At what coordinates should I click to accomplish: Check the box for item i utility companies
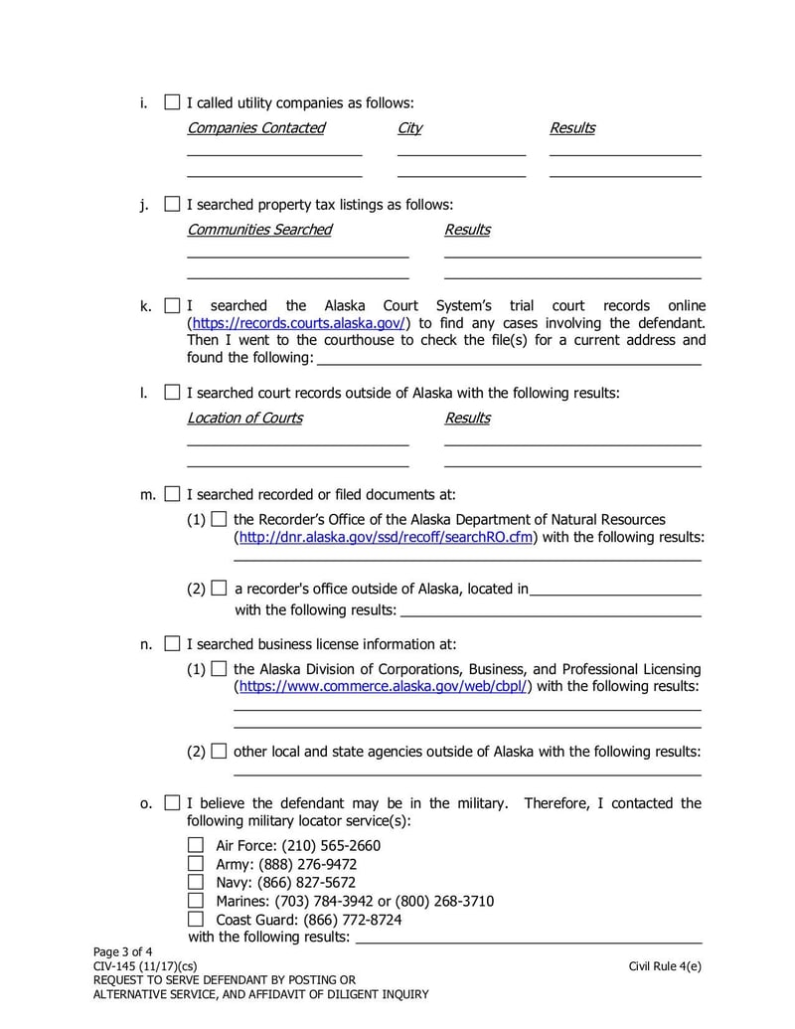173,102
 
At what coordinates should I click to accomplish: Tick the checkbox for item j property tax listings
173,204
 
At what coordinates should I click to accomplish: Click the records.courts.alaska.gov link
298,323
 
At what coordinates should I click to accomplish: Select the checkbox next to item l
173,393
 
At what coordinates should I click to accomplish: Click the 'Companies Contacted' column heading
255,128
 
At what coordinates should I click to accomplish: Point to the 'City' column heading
409,128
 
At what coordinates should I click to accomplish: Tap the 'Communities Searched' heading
259,230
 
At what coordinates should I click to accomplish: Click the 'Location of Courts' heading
244,418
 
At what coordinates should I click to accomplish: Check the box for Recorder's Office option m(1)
219,520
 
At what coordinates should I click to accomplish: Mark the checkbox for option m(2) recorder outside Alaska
219,589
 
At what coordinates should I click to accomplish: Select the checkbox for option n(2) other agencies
219,752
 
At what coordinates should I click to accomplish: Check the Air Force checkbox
196,845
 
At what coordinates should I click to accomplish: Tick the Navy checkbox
196,882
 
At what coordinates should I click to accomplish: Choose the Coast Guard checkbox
196,919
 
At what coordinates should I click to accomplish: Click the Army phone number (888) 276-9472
307,864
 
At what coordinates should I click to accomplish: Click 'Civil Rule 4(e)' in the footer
664,965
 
